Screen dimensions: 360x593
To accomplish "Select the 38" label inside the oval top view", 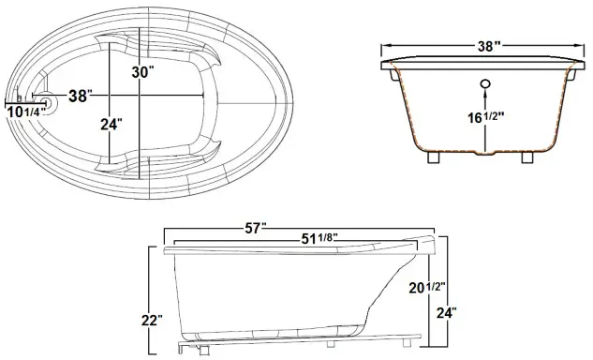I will tap(82, 96).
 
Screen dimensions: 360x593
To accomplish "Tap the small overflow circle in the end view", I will tap(485, 86).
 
